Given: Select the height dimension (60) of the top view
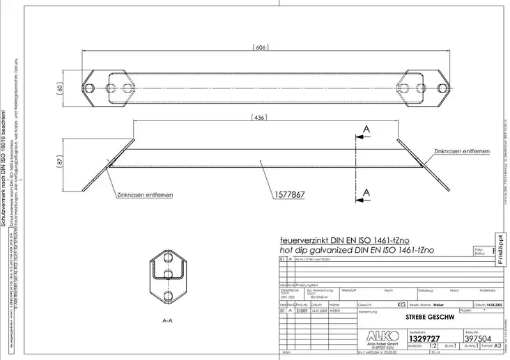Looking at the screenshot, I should pyautogui.click(x=61, y=89).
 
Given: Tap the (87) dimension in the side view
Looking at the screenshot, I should pyautogui.click(x=61, y=160).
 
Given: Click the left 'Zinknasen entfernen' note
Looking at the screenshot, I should pyautogui.click(x=145, y=196).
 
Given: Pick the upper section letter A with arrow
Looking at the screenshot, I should pyautogui.click(x=365, y=130).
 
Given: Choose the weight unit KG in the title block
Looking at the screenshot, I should pyautogui.click(x=401, y=304).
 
